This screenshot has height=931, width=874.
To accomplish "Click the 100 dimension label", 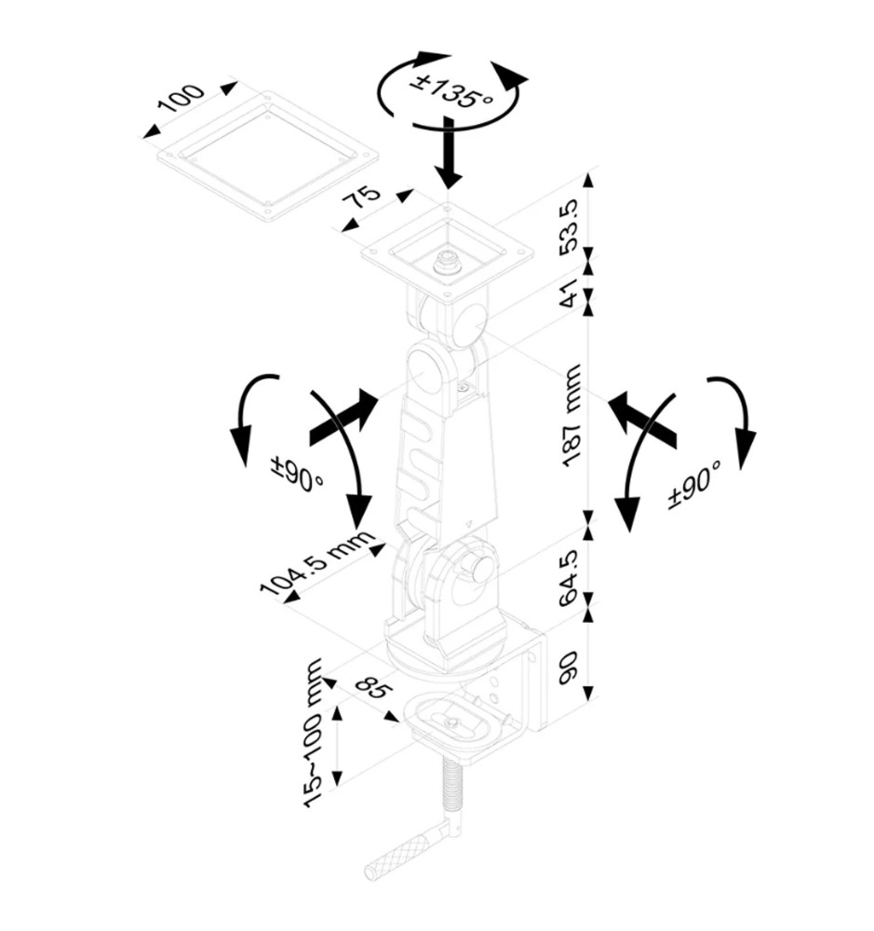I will coord(182,100).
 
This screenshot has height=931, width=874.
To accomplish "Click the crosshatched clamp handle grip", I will coord(397,859).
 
